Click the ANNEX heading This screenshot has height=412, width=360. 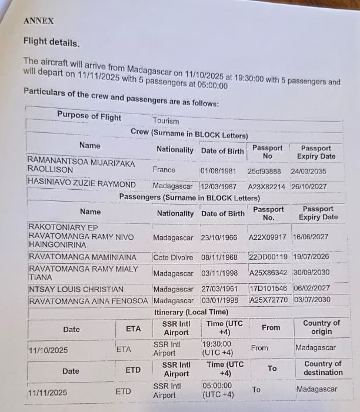(x=38, y=21)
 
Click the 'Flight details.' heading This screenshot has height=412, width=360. (x=51, y=42)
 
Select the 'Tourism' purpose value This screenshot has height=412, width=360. (x=165, y=121)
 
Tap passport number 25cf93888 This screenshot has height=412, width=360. (x=264, y=170)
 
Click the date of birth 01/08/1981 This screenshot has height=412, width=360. (x=218, y=170)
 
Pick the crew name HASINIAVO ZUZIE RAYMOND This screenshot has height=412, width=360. (x=82, y=184)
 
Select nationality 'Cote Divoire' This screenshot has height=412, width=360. (x=173, y=257)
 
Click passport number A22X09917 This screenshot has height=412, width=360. (x=268, y=237)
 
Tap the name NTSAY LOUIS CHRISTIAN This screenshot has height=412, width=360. (x=76, y=289)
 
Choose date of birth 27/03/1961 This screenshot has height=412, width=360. (x=221, y=289)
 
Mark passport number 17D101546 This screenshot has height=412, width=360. (x=268, y=289)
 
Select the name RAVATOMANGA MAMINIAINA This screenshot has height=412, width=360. (x=82, y=257)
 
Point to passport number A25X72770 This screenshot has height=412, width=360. (x=268, y=300)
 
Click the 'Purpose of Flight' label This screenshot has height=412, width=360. (x=89, y=116)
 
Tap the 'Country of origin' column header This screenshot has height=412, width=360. (x=321, y=327)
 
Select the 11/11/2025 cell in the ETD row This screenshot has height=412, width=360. (x=48, y=393)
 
